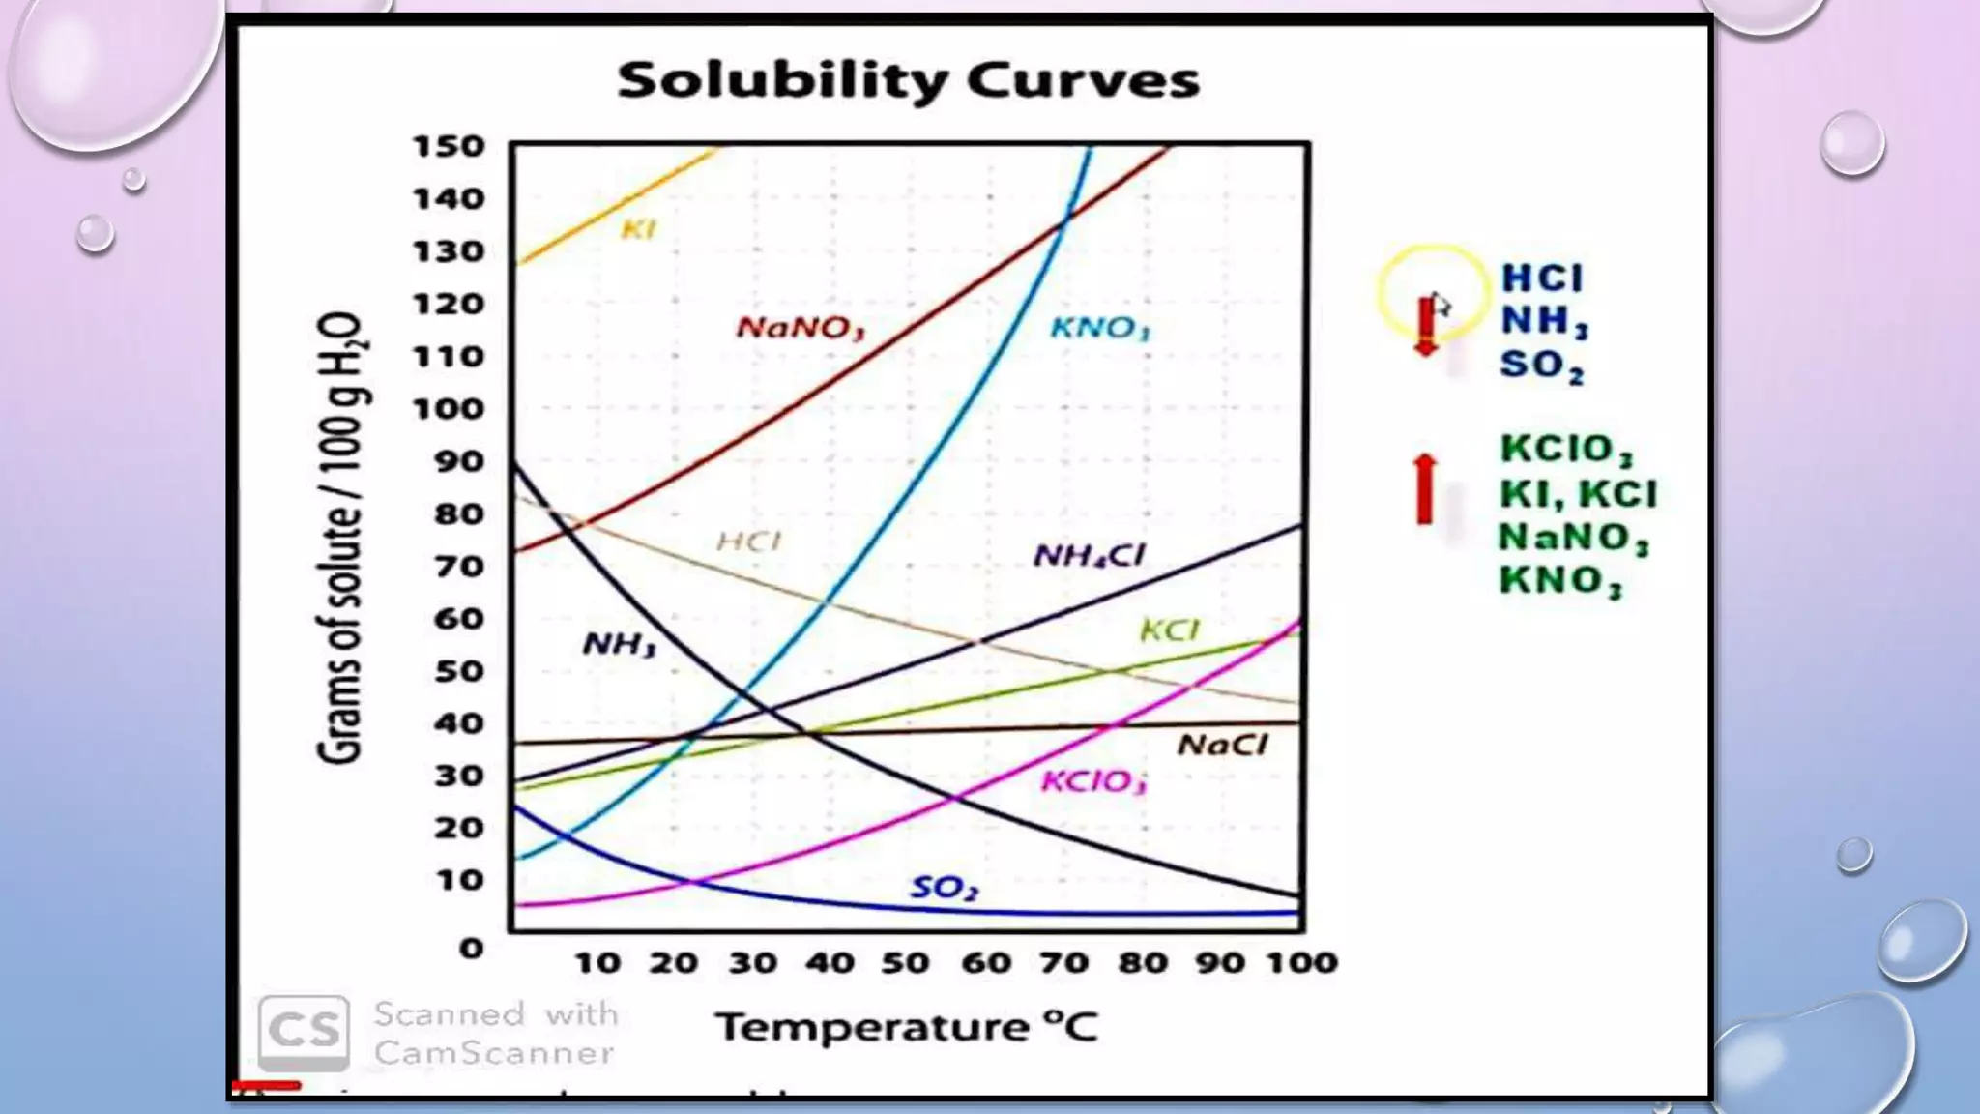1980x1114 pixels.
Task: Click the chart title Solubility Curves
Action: pos(908,80)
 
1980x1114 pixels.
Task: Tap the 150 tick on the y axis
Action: pos(449,146)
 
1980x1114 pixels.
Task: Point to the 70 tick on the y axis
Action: pos(458,566)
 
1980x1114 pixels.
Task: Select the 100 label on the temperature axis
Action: pos(1302,962)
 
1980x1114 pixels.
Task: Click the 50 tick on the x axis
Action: pos(906,962)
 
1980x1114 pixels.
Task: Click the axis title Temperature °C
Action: pos(906,1027)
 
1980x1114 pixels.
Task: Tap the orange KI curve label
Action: pos(638,229)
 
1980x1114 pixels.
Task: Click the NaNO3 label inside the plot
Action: pos(800,328)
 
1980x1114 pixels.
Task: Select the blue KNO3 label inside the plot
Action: pos(1100,329)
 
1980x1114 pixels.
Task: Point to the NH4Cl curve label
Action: pos(1089,555)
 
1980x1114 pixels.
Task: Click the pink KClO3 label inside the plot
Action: pos(1093,781)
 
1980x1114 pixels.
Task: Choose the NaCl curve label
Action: pos(1222,745)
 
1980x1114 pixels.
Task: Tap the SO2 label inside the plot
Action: pos(945,888)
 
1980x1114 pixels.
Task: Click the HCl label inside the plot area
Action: pos(748,542)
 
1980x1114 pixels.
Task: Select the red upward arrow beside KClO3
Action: pos(1424,489)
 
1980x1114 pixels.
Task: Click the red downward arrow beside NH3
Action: pos(1426,327)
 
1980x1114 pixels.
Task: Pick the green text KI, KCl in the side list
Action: pos(1578,494)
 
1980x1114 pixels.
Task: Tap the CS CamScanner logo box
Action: pos(304,1031)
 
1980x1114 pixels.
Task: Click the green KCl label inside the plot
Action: pos(1169,631)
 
